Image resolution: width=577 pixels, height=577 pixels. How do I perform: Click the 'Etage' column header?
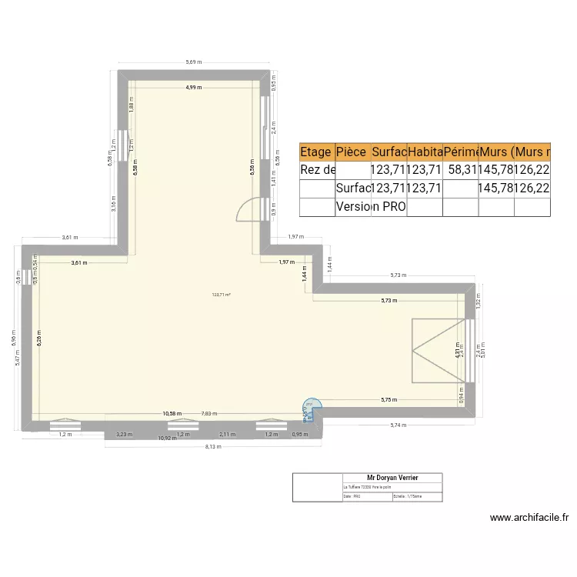pos(316,152)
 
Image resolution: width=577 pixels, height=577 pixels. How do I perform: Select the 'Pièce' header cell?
pos(352,152)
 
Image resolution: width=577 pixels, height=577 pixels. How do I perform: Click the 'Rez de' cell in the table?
pos(317,170)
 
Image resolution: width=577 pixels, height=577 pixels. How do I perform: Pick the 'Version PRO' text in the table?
pos(371,206)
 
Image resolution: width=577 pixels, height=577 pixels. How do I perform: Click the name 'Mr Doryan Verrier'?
pos(392,478)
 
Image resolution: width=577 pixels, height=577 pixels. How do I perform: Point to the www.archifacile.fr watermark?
pos(529,519)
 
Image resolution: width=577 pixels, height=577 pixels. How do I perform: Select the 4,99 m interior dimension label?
pos(193,88)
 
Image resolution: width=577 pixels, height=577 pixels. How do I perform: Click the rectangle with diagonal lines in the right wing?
pos(436,350)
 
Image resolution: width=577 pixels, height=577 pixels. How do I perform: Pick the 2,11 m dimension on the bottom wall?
pos(228,435)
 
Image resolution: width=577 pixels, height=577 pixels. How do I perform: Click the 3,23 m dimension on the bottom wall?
pos(123,435)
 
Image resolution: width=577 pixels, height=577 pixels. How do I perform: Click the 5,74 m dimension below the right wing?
pos(397,425)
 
